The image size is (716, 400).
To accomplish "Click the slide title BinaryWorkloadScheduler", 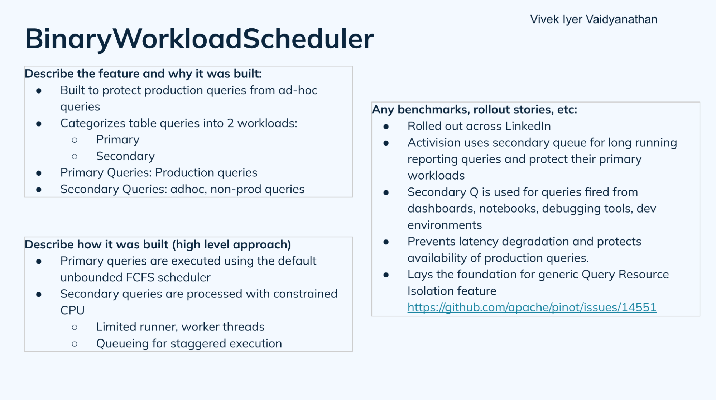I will (x=199, y=39).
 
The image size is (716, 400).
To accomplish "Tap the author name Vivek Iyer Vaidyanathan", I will (x=594, y=19).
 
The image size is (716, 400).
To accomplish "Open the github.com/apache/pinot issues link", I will (x=532, y=308).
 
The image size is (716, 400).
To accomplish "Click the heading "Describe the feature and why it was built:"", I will (x=143, y=74).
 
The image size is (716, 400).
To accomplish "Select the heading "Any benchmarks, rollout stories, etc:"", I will (x=474, y=110).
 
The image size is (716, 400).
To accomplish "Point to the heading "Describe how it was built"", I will (x=158, y=244).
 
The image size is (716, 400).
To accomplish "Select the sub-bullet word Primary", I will (x=117, y=140).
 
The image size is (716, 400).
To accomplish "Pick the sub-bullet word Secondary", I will (x=125, y=156).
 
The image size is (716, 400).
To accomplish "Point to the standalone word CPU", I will (x=72, y=310).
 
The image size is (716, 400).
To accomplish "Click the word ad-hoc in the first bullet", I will (x=298, y=90).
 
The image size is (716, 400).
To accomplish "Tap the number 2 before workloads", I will (x=230, y=123).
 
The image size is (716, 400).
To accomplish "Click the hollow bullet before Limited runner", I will (x=75, y=327).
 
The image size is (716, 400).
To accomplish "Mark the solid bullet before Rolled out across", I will (x=386, y=127).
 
